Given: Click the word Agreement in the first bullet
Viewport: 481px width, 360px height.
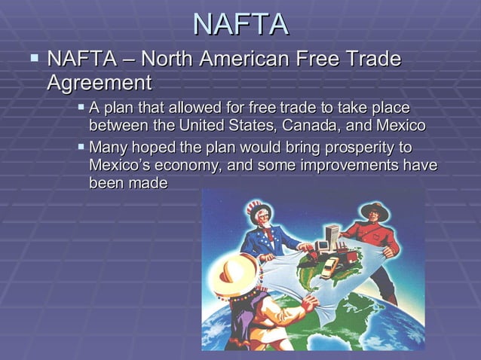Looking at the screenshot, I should (x=100, y=82).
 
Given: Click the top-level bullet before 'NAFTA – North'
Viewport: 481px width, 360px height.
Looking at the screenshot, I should (x=34, y=57).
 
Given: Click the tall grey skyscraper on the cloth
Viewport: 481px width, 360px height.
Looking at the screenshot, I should (x=330, y=235).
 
